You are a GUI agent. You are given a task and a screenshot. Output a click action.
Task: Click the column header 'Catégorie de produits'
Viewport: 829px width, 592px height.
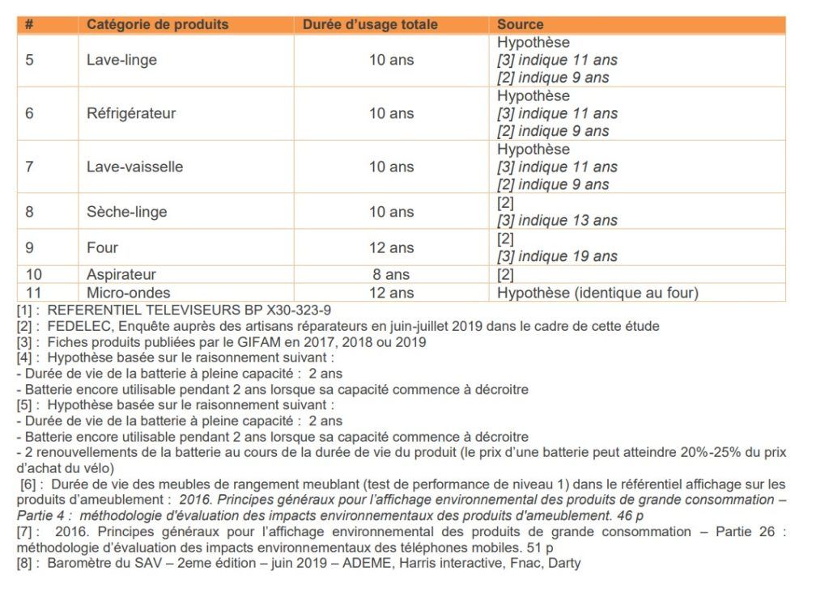coord(157,24)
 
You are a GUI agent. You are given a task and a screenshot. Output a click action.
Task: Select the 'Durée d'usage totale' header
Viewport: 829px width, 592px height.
coord(370,24)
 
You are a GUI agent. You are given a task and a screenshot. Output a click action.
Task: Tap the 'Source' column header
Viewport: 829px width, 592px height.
coord(520,24)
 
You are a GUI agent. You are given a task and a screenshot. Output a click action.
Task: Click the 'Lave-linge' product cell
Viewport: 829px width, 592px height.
coord(121,60)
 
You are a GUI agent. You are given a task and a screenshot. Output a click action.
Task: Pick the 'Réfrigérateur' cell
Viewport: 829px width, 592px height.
coord(130,113)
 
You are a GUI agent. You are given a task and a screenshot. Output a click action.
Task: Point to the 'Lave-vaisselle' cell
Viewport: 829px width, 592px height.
coord(134,167)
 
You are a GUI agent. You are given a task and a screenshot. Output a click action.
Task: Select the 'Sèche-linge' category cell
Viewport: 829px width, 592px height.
coord(126,212)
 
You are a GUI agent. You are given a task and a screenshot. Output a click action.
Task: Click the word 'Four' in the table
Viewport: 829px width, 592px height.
coord(102,247)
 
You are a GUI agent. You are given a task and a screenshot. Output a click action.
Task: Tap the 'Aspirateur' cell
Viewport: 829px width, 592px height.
coord(121,275)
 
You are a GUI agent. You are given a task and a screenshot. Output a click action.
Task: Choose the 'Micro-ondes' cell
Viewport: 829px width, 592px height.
coord(128,293)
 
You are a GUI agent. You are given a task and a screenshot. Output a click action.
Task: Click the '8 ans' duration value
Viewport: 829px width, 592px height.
coord(391,275)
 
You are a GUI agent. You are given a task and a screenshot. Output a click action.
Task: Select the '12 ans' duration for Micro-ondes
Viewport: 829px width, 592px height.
coord(391,293)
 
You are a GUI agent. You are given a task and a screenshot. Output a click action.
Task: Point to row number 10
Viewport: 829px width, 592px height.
coord(33,275)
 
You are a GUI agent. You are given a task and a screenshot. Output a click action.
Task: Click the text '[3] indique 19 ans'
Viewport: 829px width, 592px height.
coord(557,256)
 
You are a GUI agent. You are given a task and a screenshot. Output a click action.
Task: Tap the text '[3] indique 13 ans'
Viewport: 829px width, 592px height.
coord(557,221)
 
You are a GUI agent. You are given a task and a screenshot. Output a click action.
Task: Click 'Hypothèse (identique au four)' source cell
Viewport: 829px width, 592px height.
coord(597,293)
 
